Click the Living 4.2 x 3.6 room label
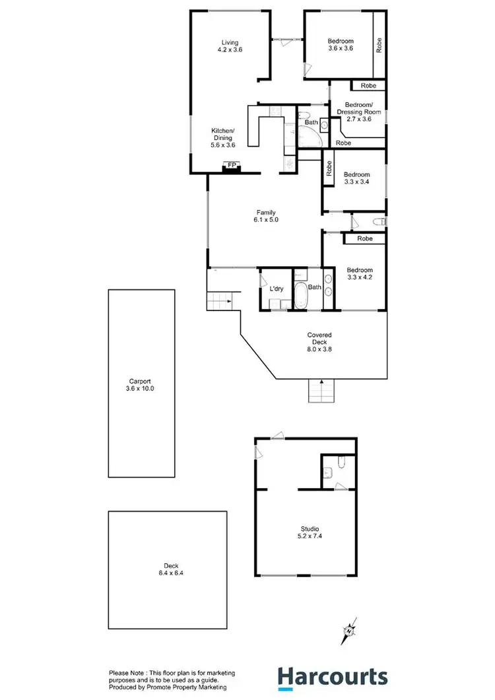tap(230, 46)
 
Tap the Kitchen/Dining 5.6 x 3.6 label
tap(222, 137)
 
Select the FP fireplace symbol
tap(232, 166)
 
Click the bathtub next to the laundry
tap(301, 295)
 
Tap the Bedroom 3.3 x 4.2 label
tap(360, 274)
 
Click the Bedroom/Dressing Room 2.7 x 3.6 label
tap(359, 112)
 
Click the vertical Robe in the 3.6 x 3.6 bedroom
tap(379, 45)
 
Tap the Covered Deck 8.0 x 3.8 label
tap(319, 342)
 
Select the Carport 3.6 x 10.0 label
tap(141, 385)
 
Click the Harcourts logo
tap(332, 678)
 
